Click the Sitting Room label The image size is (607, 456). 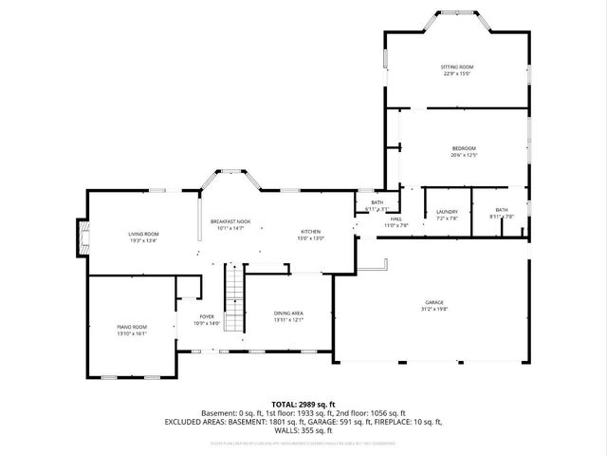click(x=456, y=66)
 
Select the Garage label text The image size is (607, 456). click(x=434, y=302)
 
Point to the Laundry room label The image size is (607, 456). click(x=447, y=211)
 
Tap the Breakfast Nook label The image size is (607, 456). click(x=230, y=220)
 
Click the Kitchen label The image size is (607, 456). click(x=311, y=232)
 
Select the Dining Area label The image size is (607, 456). click(x=287, y=313)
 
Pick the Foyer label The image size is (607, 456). click(x=207, y=316)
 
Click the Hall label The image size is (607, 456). click(x=395, y=218)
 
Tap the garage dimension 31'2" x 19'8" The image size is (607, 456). click(x=434, y=310)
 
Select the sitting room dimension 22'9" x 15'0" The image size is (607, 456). click(x=456, y=74)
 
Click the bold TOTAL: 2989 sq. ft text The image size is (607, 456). click(x=303, y=404)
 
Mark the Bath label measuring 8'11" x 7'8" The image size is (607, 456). click(x=502, y=209)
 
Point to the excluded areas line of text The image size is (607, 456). click(x=303, y=422)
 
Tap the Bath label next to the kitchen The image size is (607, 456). click(x=377, y=202)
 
